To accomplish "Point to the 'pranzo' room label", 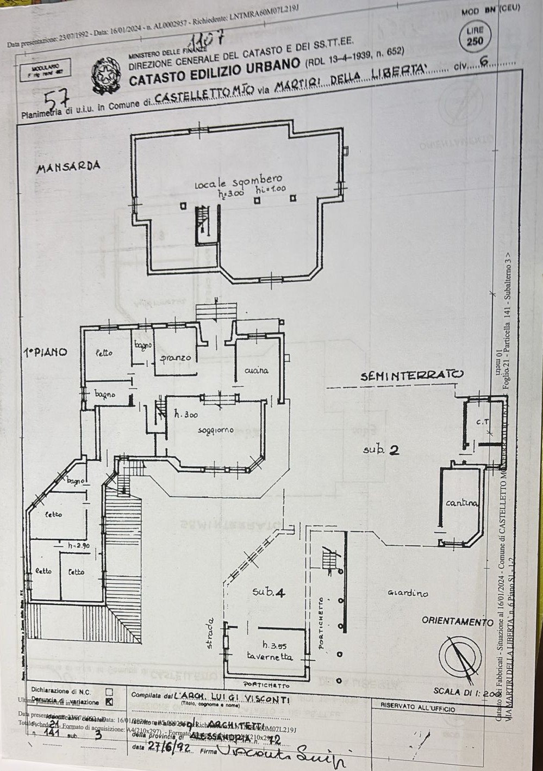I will pos(175,358).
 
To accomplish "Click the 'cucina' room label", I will pos(256,371).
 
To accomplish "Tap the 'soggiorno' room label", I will pos(216,430).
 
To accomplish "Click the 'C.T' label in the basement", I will pos(483,421).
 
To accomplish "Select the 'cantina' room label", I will pos(462,503).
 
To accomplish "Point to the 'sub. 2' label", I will pos(382,450).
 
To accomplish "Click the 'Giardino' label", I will pos(408,593).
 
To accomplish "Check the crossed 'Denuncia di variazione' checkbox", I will pos(109,701).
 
